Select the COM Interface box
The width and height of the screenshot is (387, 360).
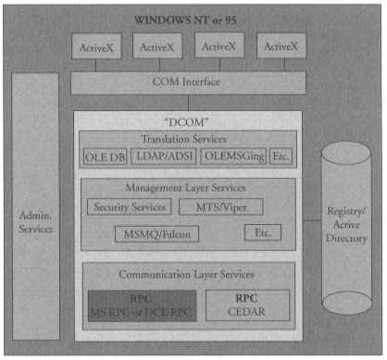click(x=186, y=82)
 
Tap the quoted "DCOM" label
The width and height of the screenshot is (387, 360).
click(x=187, y=121)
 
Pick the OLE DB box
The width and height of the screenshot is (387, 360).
click(x=104, y=156)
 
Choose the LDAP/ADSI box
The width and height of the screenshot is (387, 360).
click(x=164, y=156)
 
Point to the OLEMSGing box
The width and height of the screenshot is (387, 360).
click(x=233, y=156)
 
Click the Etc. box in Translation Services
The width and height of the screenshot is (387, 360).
click(x=281, y=156)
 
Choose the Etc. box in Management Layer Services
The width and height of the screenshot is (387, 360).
click(x=262, y=232)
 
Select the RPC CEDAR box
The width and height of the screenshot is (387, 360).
click(x=246, y=304)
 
